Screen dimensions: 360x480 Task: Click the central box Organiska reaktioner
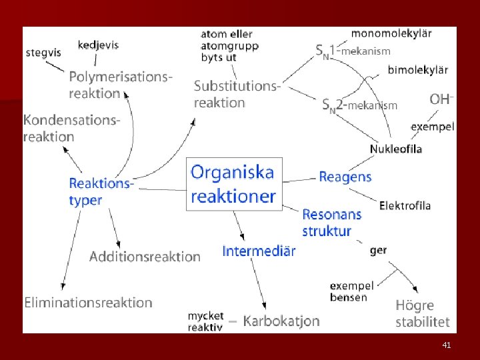pyautogui.click(x=233, y=184)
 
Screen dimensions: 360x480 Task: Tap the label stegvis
pyautogui.click(x=43, y=52)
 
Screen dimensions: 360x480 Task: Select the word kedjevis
pyautogui.click(x=98, y=45)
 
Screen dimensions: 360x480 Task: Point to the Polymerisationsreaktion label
pyautogui.click(x=120, y=85)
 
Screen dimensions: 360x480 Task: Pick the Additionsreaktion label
pyautogui.click(x=145, y=257)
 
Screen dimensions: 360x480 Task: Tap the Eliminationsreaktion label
pyautogui.click(x=88, y=303)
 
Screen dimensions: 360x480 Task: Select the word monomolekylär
pyautogui.click(x=391, y=33)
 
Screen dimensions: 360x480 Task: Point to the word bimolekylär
pyautogui.click(x=417, y=69)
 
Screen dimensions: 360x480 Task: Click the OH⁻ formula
pyautogui.click(x=441, y=99)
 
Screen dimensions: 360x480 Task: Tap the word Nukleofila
pyautogui.click(x=396, y=149)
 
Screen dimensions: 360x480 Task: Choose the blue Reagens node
pyautogui.click(x=345, y=177)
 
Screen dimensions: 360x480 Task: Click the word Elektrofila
pyautogui.click(x=405, y=205)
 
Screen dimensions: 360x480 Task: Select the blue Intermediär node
pyautogui.click(x=259, y=251)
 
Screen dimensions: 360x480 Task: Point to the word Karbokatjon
pyautogui.click(x=281, y=321)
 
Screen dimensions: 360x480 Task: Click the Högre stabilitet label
pyautogui.click(x=422, y=314)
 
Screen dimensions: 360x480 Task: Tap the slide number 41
pyautogui.click(x=447, y=345)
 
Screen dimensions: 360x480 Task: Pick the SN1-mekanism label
pyautogui.click(x=353, y=49)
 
